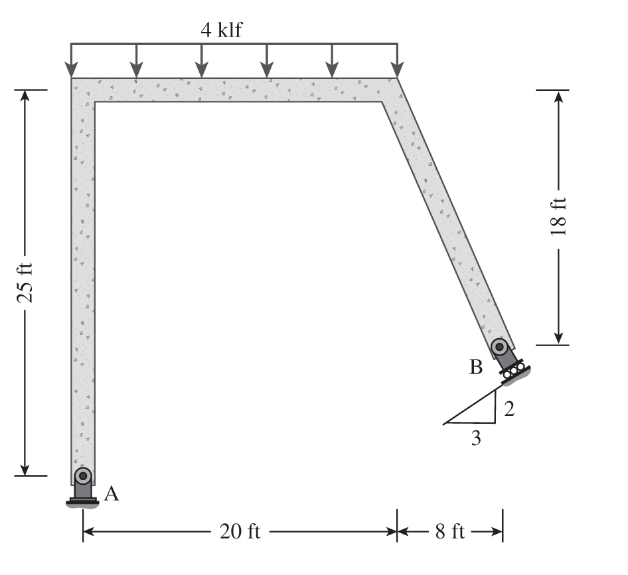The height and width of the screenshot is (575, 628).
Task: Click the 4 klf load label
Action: [222, 30]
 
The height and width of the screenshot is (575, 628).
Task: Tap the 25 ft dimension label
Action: [25, 283]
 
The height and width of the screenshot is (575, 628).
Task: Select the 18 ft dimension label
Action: [559, 216]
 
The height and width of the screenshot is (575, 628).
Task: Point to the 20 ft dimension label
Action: [240, 531]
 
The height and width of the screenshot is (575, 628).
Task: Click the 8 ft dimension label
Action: [450, 531]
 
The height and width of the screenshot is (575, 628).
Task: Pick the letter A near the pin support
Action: [112, 494]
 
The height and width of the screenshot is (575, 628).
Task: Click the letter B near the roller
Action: [476, 367]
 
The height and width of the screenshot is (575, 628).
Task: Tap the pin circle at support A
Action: [83, 476]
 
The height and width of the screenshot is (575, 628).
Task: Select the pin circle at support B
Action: [499, 346]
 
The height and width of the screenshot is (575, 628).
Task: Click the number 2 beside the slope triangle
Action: [509, 409]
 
